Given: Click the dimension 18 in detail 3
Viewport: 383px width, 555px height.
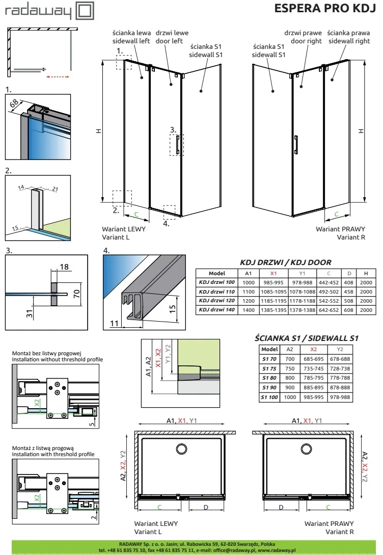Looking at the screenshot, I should [64, 266].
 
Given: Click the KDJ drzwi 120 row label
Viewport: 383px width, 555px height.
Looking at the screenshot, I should [216, 301].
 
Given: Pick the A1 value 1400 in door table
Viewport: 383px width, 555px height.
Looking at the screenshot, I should [248, 310].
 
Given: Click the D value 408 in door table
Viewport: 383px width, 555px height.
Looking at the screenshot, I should [349, 282].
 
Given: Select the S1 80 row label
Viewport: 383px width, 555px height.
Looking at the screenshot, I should [269, 378].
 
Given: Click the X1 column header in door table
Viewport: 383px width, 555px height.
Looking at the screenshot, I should [275, 273].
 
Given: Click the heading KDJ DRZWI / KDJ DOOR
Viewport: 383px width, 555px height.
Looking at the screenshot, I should [285, 262].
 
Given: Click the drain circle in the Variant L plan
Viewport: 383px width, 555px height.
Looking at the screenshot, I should [181, 448].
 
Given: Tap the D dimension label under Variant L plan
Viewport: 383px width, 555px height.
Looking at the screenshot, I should [205, 507].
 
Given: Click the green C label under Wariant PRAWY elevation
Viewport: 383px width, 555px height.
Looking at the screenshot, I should [336, 215].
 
